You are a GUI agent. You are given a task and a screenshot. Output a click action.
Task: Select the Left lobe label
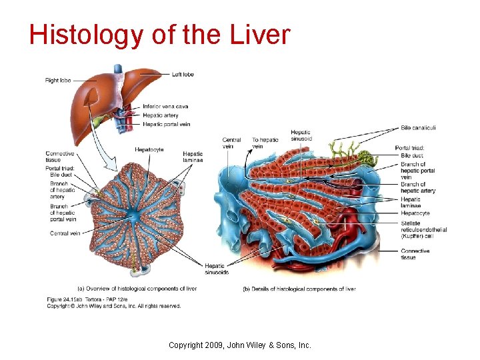click(183, 75)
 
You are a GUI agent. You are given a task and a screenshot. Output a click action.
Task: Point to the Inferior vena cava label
click(165, 107)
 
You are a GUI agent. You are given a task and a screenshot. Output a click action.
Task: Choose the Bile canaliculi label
click(418, 128)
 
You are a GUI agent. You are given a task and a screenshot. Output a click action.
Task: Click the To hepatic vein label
click(265, 143)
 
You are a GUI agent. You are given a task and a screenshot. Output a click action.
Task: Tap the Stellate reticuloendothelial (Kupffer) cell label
click(423, 229)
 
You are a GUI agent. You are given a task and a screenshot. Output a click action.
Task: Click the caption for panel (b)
click(299, 289)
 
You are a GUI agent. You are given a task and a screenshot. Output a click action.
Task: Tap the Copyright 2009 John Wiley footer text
click(239, 345)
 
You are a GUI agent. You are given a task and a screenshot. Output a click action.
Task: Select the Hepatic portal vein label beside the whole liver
click(166, 124)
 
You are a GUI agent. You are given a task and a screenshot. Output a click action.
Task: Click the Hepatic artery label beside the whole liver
click(161, 115)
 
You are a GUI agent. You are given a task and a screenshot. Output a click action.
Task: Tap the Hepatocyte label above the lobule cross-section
click(149, 150)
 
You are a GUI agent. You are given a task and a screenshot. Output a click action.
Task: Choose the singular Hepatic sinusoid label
click(300, 135)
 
